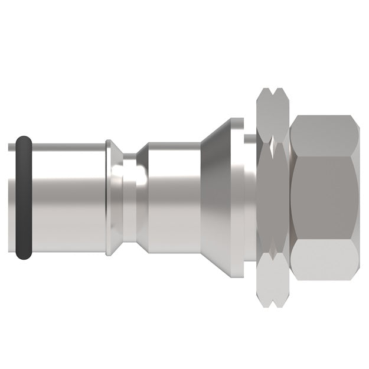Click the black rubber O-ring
(x=22, y=198)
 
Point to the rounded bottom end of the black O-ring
(x=23, y=255)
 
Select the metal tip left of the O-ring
(x=13, y=198)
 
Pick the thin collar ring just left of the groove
(x=110, y=198)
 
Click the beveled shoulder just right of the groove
(x=142, y=198)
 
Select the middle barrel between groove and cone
(x=174, y=198)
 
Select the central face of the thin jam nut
(x=273, y=198)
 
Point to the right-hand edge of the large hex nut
(x=358, y=198)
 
